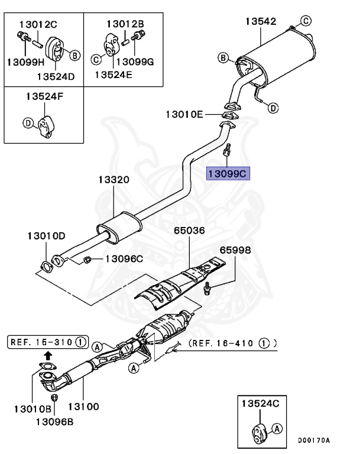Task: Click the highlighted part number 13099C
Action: tap(228, 173)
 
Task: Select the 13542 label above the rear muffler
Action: tap(260, 21)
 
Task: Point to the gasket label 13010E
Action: tap(184, 113)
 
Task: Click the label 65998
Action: tap(235, 250)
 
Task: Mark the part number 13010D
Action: tap(46, 235)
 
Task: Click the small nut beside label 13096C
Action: tap(86, 260)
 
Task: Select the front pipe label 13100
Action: tap(83, 407)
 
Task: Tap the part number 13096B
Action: tap(54, 421)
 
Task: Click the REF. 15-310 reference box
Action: tap(47, 341)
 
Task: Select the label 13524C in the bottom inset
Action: tap(260, 403)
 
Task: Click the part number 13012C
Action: tap(38, 24)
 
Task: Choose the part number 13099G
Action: tap(134, 61)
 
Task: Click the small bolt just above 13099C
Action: tap(227, 151)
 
